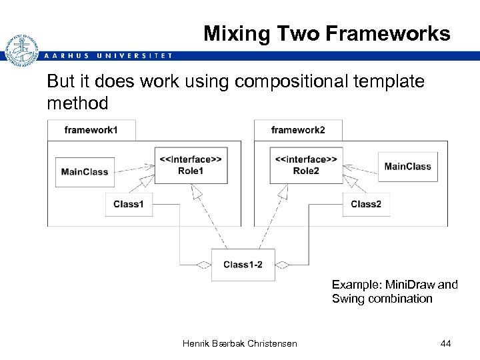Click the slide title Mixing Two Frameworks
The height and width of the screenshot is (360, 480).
(x=327, y=33)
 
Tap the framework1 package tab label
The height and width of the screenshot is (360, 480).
(x=91, y=130)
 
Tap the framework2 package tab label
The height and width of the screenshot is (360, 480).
(x=298, y=130)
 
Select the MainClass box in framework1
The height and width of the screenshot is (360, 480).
(x=85, y=172)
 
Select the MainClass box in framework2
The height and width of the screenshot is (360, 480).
(x=407, y=167)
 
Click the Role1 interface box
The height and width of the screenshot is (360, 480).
(x=190, y=165)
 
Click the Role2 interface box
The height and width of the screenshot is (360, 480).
(x=306, y=165)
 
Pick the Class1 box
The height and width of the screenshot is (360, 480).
(x=128, y=204)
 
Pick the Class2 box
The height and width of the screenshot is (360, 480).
(x=366, y=204)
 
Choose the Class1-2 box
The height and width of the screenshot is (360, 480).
(x=243, y=265)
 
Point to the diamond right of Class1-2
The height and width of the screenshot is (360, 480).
(x=283, y=265)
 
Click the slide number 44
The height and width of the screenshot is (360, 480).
(x=446, y=343)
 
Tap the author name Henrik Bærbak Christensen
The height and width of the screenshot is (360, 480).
(x=239, y=343)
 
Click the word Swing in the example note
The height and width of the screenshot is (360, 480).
(x=349, y=299)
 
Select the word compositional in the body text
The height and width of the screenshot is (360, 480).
(x=283, y=82)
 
